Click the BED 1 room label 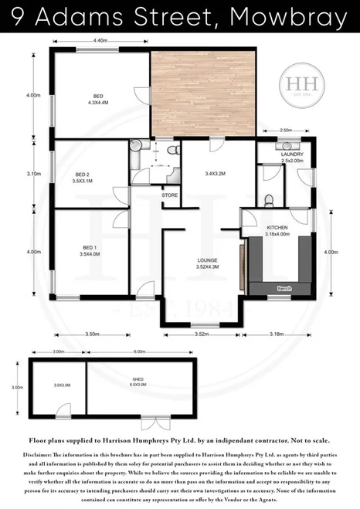(87, 248)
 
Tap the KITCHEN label (277, 229)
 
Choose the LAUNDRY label (292, 154)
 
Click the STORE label (170, 196)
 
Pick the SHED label (139, 401)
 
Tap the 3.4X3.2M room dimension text (215, 174)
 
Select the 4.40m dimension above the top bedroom (100, 39)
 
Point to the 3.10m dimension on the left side (32, 174)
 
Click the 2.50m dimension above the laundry (286, 131)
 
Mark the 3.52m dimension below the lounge (201, 334)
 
